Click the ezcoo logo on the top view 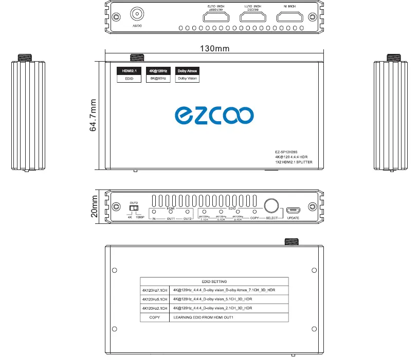tap(213, 116)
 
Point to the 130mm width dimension tap(215, 49)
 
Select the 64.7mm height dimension tap(93, 115)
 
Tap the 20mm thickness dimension tap(94, 206)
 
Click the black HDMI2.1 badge tap(129, 71)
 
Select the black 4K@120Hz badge tap(158, 71)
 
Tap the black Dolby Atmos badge tap(187, 71)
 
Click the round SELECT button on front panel tap(271, 206)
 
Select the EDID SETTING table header tap(214, 281)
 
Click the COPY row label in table tap(154, 317)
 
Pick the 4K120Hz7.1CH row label tap(154, 290)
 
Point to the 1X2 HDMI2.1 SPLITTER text tap(294, 162)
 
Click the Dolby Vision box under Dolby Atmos tap(187, 79)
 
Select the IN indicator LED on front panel tap(153, 212)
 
